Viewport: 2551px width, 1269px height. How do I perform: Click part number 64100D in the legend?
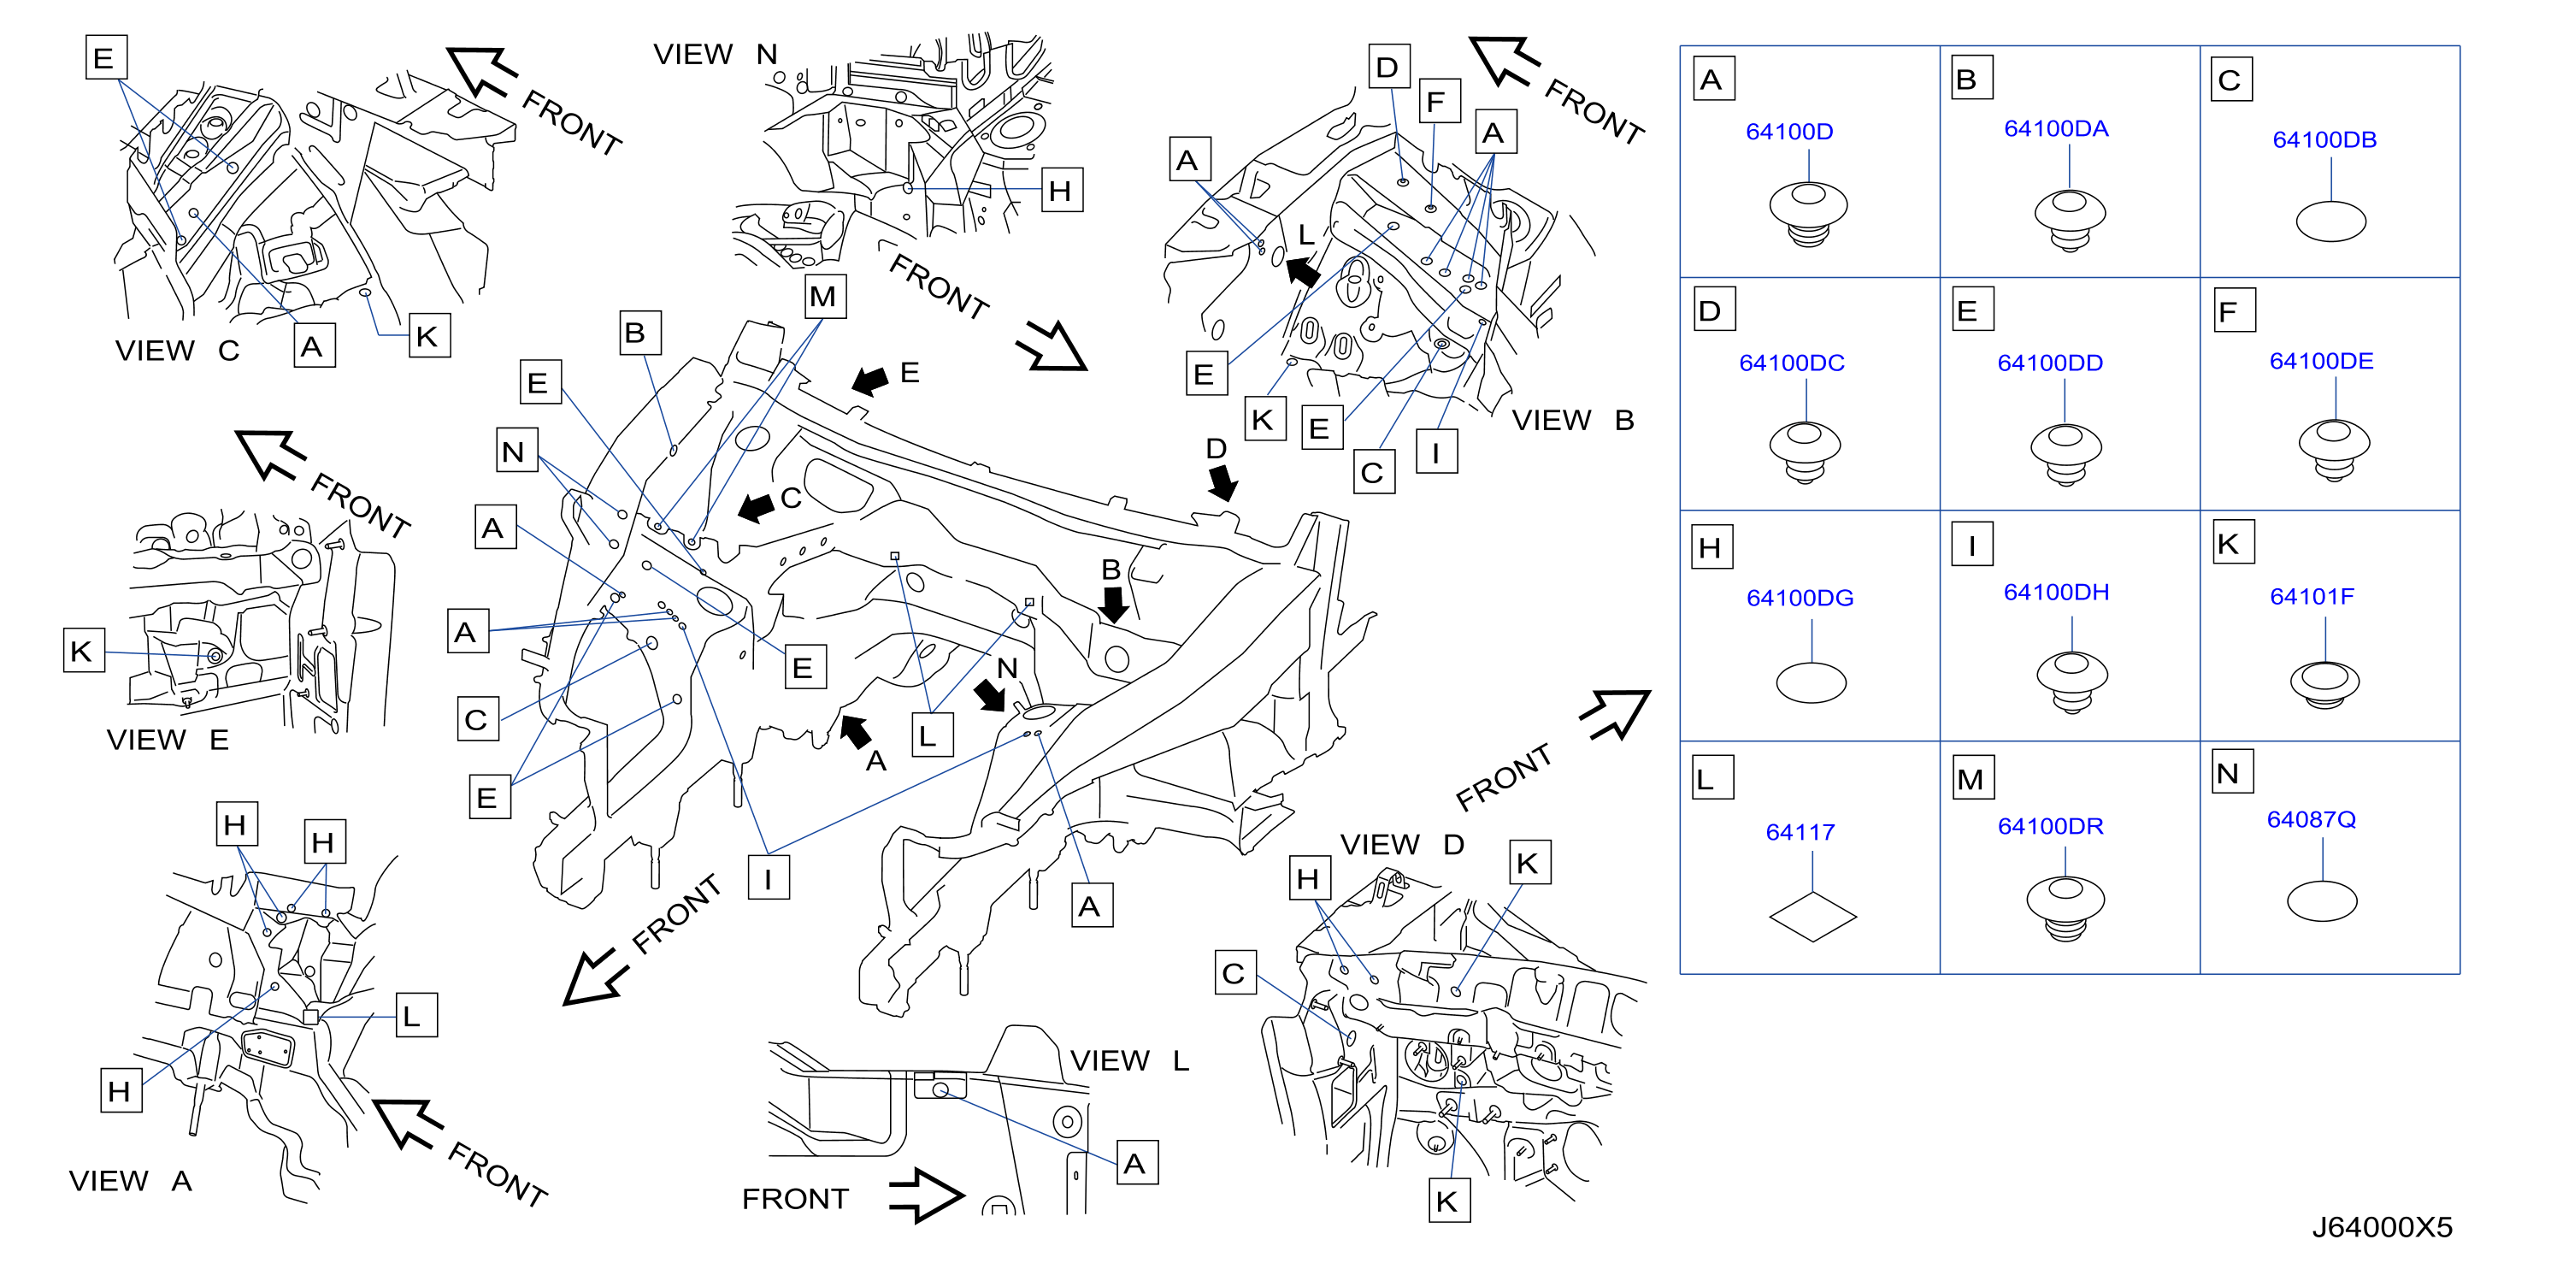tap(1788, 132)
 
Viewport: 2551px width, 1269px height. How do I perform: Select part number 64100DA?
tap(2056, 129)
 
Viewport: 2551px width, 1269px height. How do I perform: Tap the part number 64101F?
tap(2312, 596)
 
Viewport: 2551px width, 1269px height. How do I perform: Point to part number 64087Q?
tap(2311, 819)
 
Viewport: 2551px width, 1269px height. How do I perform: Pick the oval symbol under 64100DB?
tap(2330, 221)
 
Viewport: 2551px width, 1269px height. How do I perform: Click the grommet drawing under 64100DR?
tap(2065, 907)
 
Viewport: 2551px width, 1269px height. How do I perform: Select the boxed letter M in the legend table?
tap(1970, 780)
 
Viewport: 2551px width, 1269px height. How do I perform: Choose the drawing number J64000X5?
tap(2382, 1227)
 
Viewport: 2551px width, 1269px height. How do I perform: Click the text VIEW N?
tap(715, 55)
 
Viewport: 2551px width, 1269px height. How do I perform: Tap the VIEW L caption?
tap(1130, 1061)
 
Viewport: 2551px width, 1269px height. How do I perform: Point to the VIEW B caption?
tap(1573, 420)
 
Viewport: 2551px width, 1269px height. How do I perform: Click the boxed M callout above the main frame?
tap(824, 296)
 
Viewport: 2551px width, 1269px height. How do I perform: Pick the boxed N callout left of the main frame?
tap(516, 451)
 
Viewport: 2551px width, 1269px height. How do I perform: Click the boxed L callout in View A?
tap(416, 1015)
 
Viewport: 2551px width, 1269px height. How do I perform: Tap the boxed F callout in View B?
tap(1439, 101)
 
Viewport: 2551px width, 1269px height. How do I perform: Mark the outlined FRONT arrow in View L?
tap(926, 1195)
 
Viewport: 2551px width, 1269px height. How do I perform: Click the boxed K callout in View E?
tap(83, 651)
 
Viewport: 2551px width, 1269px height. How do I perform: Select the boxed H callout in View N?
tap(1062, 190)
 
